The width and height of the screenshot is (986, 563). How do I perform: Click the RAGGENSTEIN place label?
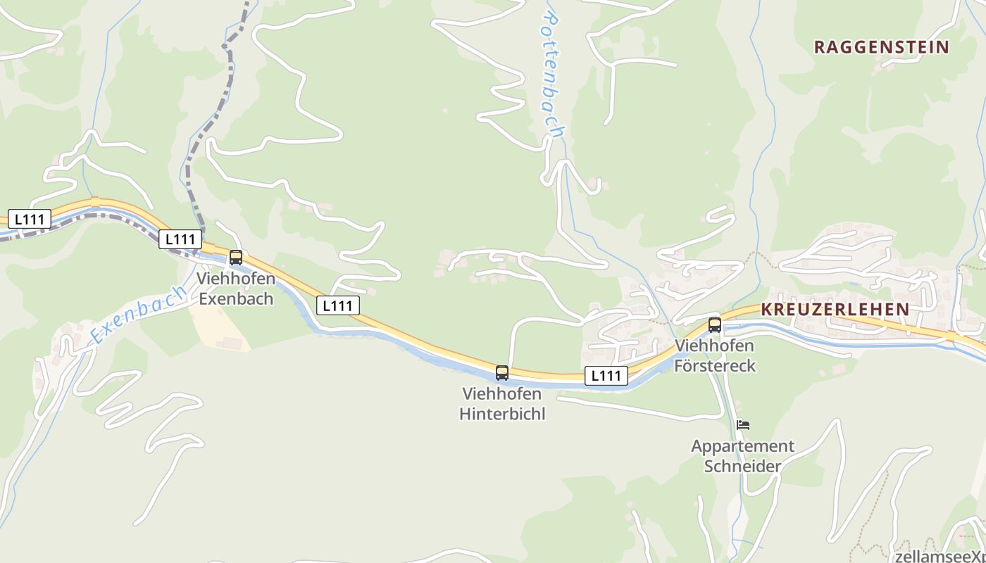pyautogui.click(x=882, y=47)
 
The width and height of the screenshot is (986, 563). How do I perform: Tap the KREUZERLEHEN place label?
pyautogui.click(x=835, y=309)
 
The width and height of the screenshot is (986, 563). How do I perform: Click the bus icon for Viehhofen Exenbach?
pyautogui.click(x=236, y=258)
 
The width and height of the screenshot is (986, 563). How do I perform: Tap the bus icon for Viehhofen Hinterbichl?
pyautogui.click(x=502, y=372)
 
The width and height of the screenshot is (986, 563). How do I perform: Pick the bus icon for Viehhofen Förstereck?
pyautogui.click(x=715, y=325)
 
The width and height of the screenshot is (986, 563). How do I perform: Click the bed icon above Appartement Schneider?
pyautogui.click(x=743, y=425)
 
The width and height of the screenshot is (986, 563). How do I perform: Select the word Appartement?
pyautogui.click(x=742, y=446)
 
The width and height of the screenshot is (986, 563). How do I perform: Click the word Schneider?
pyautogui.click(x=742, y=466)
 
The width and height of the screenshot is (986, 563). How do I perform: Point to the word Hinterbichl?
pyautogui.click(x=502, y=413)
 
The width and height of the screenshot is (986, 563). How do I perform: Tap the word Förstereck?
pyautogui.click(x=715, y=366)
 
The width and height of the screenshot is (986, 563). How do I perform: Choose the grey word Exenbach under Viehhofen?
pyautogui.click(x=235, y=298)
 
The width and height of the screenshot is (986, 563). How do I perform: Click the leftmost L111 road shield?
pyautogui.click(x=30, y=219)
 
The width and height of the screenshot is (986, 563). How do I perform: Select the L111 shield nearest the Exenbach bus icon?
pyautogui.click(x=180, y=239)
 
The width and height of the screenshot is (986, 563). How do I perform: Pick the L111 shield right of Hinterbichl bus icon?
pyautogui.click(x=606, y=376)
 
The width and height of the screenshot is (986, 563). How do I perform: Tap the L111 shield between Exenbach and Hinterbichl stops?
pyautogui.click(x=338, y=305)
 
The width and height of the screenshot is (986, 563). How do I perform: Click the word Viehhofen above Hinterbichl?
pyautogui.click(x=502, y=393)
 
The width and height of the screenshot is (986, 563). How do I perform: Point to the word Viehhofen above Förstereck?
pyautogui.click(x=715, y=346)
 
